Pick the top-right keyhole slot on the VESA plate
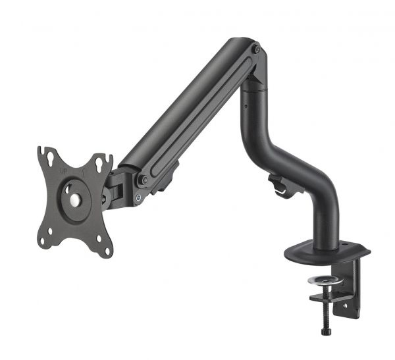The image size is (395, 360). [99, 162]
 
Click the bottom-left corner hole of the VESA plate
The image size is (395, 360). [43, 242]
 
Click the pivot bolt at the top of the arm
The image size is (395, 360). [256, 49]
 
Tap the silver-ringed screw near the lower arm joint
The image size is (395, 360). [138, 197]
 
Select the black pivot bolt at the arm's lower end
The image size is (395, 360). [144, 179]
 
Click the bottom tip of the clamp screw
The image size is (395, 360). [325, 332]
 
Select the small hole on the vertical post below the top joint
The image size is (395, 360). [244, 105]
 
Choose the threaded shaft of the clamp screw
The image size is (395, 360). [324, 309]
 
